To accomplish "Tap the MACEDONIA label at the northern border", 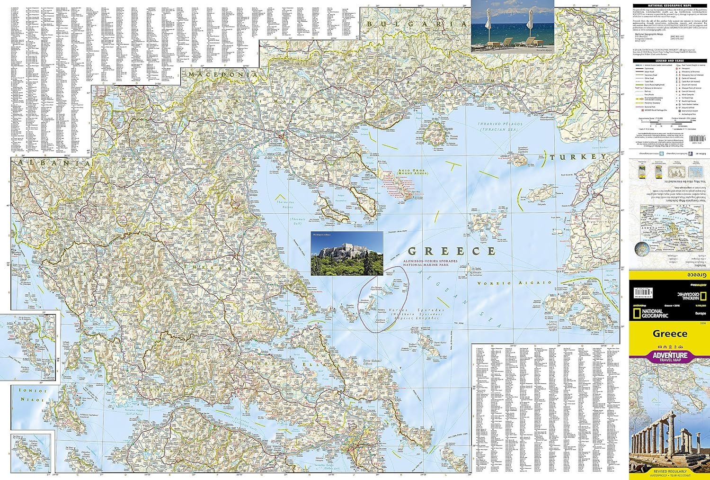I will coord(223,75).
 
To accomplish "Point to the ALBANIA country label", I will coord(52,163).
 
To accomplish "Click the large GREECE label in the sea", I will coord(452,251).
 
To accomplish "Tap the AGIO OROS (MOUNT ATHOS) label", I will coord(412,172).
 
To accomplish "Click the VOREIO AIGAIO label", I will coord(515,283).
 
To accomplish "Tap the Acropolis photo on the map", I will coord(347,254).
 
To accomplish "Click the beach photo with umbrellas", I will coord(512,26).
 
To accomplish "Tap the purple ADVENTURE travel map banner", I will coord(670,356).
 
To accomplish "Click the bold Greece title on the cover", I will coord(670,334).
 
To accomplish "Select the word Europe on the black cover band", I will coord(700,314).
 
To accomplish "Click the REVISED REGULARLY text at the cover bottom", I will coord(670,471).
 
